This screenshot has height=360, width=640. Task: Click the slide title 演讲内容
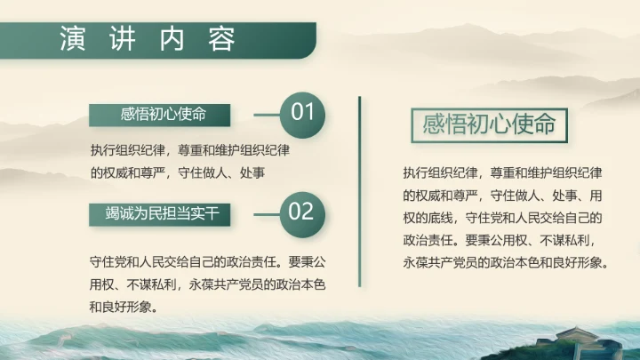(x=148, y=40)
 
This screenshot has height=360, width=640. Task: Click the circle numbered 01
(x=302, y=113)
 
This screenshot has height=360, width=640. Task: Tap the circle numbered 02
(x=302, y=212)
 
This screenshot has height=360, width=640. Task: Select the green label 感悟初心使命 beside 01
(x=160, y=115)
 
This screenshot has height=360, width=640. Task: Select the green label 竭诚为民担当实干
(x=160, y=213)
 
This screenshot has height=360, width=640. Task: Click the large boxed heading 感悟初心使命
(x=490, y=124)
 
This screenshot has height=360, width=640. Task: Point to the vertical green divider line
(x=360, y=191)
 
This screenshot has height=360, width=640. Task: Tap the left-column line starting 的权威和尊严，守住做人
(x=178, y=172)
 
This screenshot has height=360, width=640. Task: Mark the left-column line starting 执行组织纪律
(x=191, y=149)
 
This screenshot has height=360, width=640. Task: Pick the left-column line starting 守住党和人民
(x=210, y=264)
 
